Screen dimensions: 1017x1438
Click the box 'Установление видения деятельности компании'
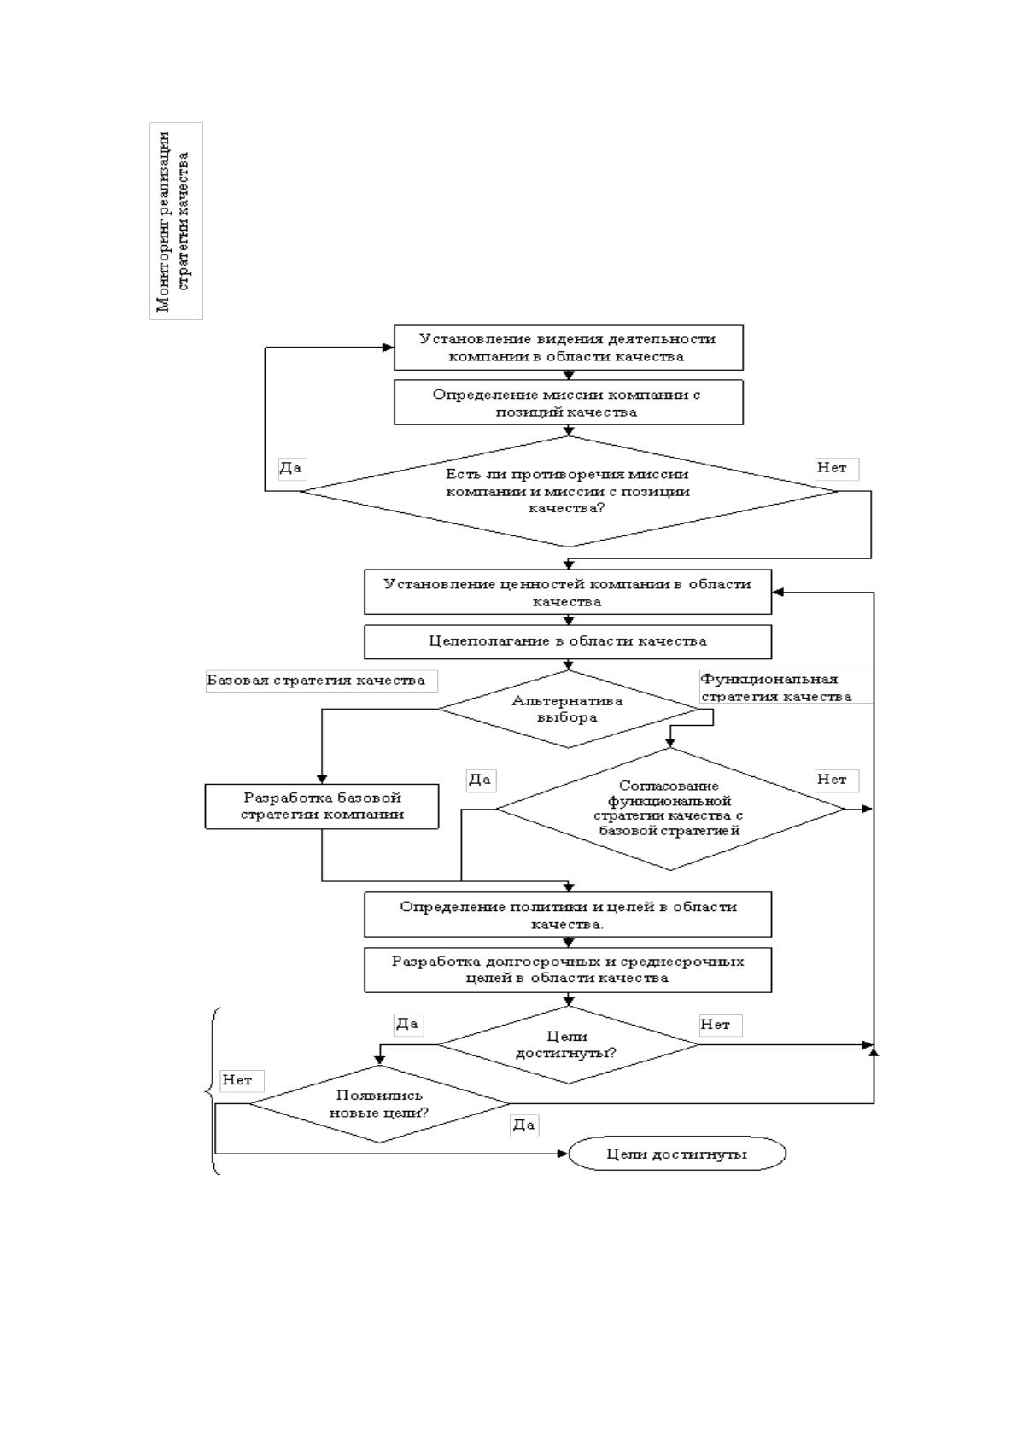click(x=568, y=348)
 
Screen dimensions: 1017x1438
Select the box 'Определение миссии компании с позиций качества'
click(x=568, y=402)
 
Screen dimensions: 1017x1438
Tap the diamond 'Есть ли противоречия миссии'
click(x=568, y=492)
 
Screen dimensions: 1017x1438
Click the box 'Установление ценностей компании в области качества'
click(x=568, y=592)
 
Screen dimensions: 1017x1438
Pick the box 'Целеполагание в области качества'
click(x=568, y=641)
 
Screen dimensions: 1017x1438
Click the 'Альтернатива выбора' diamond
click(x=568, y=710)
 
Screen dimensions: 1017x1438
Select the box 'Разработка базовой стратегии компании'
click(x=322, y=806)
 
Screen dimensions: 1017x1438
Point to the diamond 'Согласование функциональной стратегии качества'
click(x=670, y=809)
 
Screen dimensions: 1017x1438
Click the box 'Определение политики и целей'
click(x=568, y=915)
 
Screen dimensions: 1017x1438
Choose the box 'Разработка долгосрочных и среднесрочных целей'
click(x=568, y=970)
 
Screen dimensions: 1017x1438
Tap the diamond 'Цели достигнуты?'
click(x=568, y=1044)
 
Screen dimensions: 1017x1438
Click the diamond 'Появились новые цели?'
click(x=379, y=1104)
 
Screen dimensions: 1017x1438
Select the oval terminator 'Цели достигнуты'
click(x=677, y=1154)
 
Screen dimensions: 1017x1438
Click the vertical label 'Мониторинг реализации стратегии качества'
click(x=176, y=221)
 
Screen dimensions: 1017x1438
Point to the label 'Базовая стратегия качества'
click(x=322, y=681)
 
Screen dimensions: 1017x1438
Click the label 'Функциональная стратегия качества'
click(x=786, y=687)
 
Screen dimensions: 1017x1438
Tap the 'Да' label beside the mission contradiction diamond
click(x=291, y=468)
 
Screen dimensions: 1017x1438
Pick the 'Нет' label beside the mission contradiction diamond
click(x=837, y=468)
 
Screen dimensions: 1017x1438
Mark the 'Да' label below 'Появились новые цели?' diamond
click(x=524, y=1125)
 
